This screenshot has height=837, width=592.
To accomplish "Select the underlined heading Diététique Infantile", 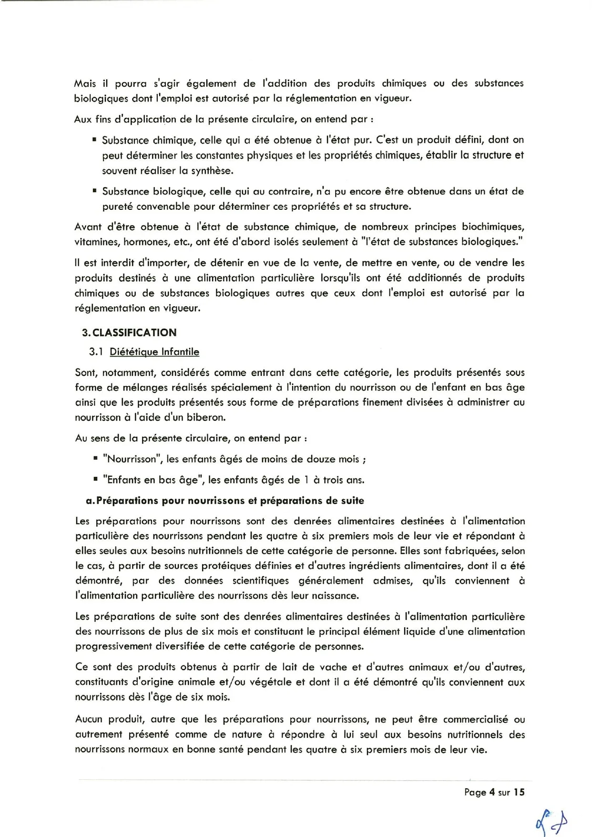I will (x=154, y=352).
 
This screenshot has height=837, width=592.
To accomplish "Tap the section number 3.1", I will (x=96, y=352).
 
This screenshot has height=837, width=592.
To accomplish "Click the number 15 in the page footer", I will (x=519, y=792).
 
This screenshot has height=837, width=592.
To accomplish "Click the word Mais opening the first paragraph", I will (x=85, y=83).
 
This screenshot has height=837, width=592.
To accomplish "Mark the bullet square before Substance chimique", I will (x=94, y=140).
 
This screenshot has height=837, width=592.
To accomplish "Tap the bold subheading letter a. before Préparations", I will (x=91, y=501).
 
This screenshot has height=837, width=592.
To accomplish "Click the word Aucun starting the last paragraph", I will (x=89, y=719).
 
